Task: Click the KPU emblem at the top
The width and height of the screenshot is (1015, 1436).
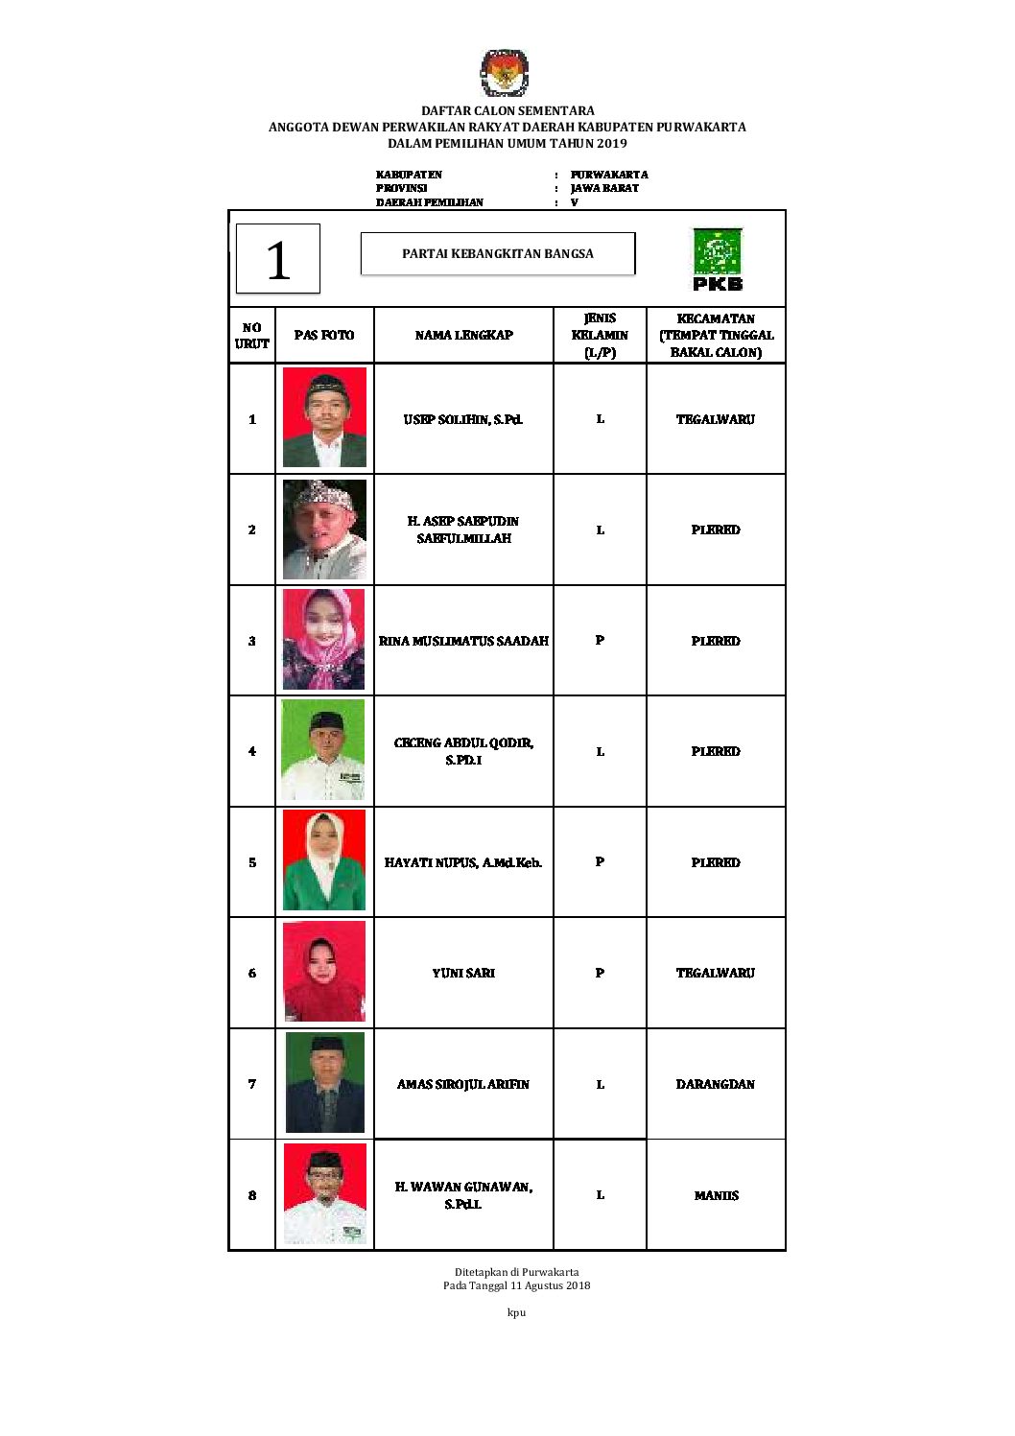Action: [505, 74]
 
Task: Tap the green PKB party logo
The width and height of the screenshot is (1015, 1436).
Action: [718, 259]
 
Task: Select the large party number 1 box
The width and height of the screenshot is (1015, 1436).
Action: [278, 259]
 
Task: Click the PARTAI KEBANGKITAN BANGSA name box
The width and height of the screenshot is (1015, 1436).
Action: [498, 254]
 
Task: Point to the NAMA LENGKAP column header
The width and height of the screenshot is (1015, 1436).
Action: [463, 335]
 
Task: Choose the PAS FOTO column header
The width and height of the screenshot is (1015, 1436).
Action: [324, 335]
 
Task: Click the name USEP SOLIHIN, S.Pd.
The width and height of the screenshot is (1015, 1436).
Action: [463, 419]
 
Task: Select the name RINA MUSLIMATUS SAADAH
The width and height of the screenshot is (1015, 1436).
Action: [463, 641]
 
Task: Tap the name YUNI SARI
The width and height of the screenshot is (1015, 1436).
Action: [463, 973]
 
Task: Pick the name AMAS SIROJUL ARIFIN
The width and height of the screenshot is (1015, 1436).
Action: [463, 1084]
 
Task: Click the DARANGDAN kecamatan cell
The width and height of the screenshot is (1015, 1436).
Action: [716, 1084]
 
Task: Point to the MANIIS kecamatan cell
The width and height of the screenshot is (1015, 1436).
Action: [716, 1195]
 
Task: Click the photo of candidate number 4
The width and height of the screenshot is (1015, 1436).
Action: [323, 750]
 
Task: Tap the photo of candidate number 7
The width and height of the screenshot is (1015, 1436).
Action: [325, 1083]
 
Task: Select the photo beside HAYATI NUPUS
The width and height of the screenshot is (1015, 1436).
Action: [324, 860]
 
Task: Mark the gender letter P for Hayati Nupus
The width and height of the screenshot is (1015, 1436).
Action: [600, 861]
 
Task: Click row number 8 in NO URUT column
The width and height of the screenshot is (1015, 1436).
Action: [252, 1195]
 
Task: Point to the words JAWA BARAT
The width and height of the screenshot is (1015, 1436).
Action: [604, 188]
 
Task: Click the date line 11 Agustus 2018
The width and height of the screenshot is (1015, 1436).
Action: [516, 1285]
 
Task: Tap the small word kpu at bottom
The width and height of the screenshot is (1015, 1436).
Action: [516, 1312]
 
